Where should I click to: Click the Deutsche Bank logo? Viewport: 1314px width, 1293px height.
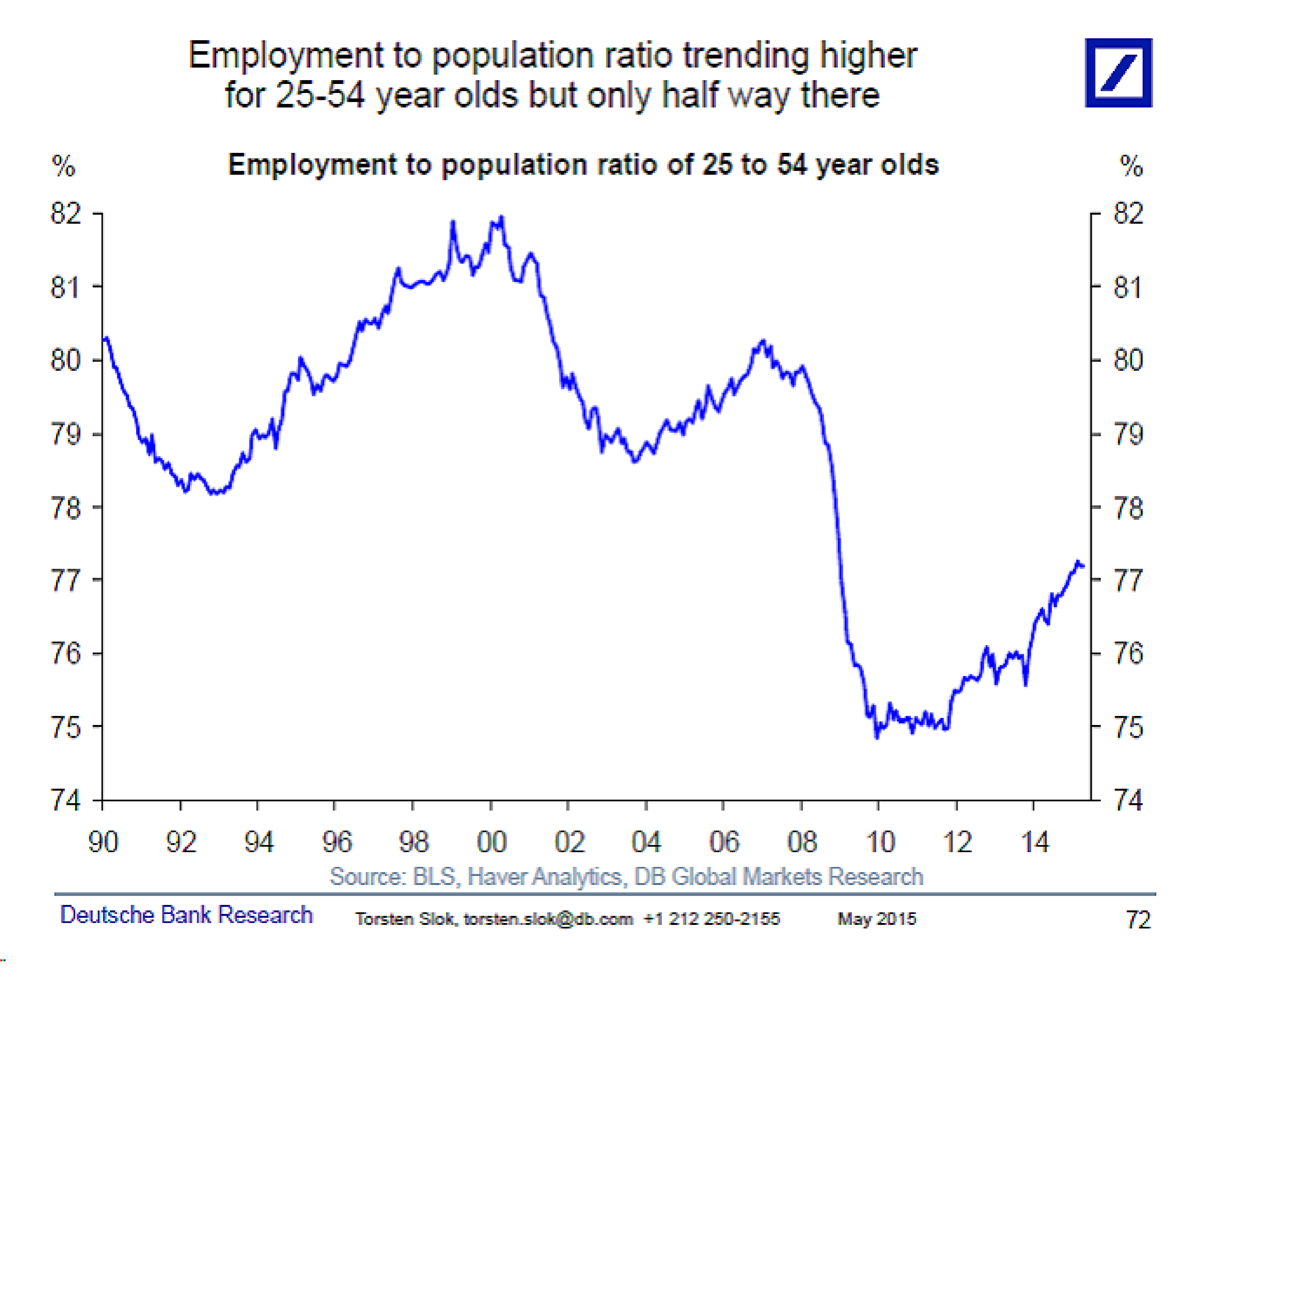(1118, 73)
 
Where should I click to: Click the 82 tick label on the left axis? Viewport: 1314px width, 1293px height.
(66, 214)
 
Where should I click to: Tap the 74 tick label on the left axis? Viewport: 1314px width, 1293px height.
(66, 801)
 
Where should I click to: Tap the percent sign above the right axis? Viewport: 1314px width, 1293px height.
(1131, 166)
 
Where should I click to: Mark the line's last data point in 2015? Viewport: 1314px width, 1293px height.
(1083, 566)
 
